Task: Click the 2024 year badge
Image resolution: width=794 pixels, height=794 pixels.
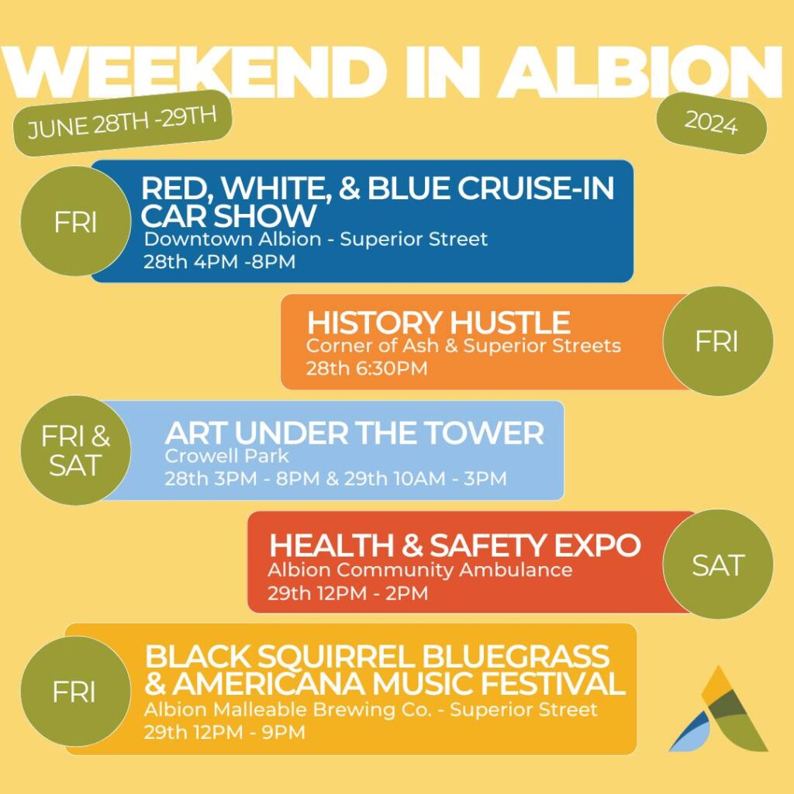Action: coord(712,123)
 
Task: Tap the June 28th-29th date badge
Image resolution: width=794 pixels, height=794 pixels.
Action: coord(123,123)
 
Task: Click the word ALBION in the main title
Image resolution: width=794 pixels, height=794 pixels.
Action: coord(641,72)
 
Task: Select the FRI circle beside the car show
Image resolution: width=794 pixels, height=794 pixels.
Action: coord(75,221)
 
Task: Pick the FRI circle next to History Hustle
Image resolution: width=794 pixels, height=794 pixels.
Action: coord(717,341)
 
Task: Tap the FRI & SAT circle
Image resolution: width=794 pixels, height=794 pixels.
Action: coord(75,451)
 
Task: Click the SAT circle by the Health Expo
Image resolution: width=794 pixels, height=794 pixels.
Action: coord(717,564)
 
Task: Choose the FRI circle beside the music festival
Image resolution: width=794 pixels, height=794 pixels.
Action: coord(75,691)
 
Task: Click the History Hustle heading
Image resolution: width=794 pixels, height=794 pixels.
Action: coord(439,322)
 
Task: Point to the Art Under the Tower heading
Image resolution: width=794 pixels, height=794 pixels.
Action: coord(354,433)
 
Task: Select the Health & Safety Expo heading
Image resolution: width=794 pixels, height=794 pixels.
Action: coord(454,545)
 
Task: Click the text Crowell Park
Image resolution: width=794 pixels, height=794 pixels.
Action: coord(226,456)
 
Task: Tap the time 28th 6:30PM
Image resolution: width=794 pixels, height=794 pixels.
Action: coord(367,368)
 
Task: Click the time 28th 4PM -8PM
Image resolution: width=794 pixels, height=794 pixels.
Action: coord(219,262)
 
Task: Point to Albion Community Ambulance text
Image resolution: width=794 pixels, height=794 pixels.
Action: coord(419,570)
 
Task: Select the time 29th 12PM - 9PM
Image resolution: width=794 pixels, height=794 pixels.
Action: coord(224,732)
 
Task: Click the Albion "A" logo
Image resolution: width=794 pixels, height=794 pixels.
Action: coord(719,709)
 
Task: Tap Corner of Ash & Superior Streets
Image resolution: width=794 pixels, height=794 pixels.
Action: coord(464,345)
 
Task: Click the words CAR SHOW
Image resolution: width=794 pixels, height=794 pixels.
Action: coord(228,216)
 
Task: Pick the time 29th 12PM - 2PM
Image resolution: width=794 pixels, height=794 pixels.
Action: coord(347,593)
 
